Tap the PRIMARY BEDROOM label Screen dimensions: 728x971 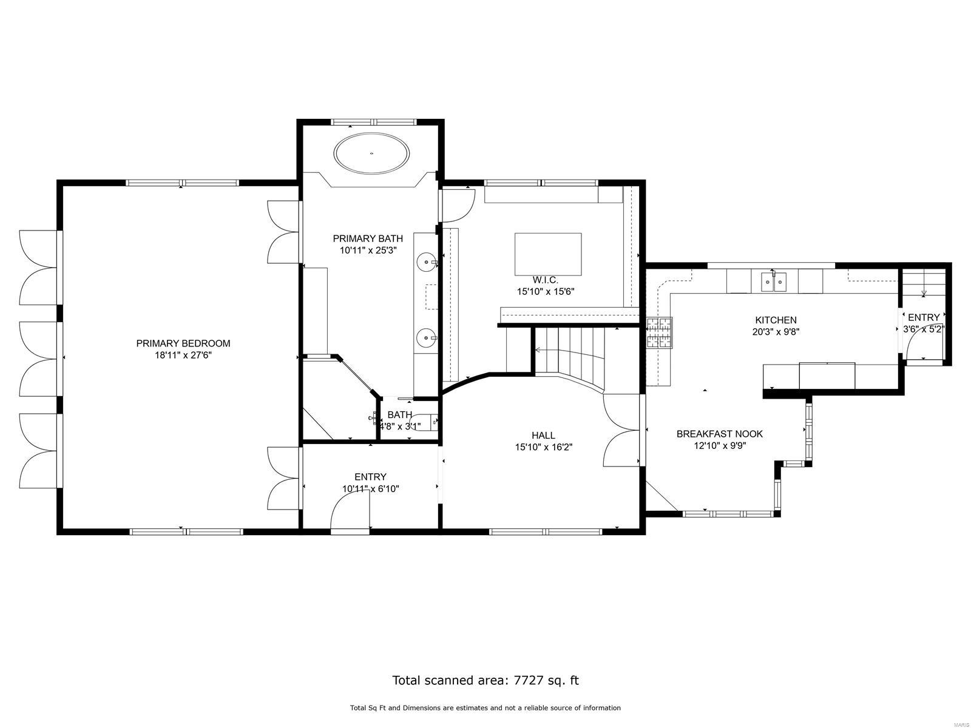click(183, 343)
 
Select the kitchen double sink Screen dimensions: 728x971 click(774, 281)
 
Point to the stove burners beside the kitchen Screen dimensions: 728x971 click(660, 333)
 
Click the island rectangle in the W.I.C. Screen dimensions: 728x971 click(548, 254)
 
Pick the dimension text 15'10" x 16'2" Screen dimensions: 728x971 click(543, 447)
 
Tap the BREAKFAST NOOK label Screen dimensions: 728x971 click(719, 434)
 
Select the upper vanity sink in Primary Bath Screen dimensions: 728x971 click(427, 263)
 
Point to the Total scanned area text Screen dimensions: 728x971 click(485, 680)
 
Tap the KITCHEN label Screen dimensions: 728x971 click(776, 320)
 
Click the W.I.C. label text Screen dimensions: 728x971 click(545, 280)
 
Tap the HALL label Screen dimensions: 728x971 click(543, 435)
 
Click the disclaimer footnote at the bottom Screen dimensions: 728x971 click(485, 708)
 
